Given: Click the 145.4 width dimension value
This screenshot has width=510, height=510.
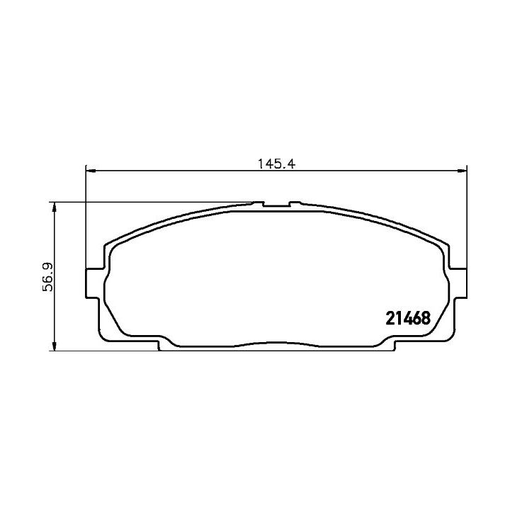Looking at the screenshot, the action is (x=276, y=164).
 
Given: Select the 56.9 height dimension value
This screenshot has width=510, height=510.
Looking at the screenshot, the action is (x=49, y=277).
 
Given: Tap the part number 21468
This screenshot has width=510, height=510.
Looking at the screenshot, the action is (x=408, y=318).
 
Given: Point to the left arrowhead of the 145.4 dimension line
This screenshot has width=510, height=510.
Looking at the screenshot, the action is (x=91, y=171).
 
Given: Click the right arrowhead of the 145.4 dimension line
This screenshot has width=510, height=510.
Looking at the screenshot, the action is (x=462, y=171).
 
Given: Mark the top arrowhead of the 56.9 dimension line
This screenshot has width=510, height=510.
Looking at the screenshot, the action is (x=55, y=207).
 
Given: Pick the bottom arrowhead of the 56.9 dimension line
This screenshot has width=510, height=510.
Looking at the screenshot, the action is (x=55, y=346).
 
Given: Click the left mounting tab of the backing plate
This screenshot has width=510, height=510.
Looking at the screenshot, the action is (x=92, y=283).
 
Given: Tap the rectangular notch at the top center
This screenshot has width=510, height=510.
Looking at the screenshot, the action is (x=276, y=204).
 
